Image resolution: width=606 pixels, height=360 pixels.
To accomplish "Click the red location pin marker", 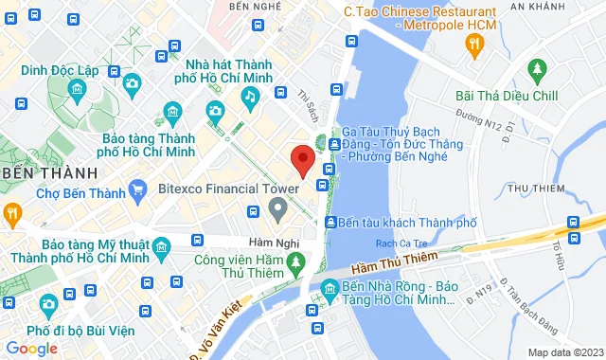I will point(302,160).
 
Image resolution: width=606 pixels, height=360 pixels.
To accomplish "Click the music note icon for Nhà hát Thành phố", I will point(250,96).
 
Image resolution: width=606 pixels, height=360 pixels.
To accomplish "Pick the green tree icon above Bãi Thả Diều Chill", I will point(538,69).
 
